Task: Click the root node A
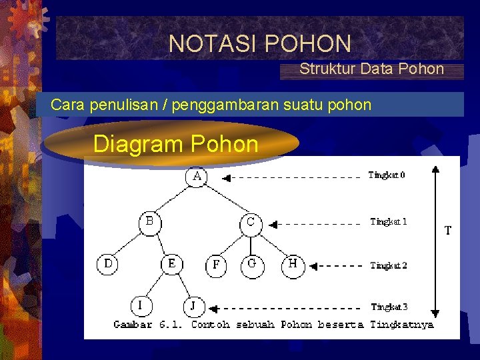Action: tap(197, 178)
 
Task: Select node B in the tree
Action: tap(149, 223)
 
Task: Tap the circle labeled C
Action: tap(251, 223)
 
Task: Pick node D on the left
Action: tap(108, 265)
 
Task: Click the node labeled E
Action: tap(172, 265)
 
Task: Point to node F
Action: tap(216, 265)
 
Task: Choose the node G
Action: tap(252, 265)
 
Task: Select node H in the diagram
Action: tap(293, 265)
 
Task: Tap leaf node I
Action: tap(140, 305)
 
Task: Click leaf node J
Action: tap(193, 306)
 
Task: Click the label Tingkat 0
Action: tap(387, 175)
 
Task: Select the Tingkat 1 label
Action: tap(388, 222)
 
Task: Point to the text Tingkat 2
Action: tap(389, 265)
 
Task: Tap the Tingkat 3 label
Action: tap(389, 307)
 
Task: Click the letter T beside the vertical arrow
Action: tap(448, 231)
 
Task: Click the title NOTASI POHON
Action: tap(260, 44)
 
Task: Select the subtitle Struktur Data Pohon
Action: tap(371, 69)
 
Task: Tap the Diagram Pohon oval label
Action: tap(175, 144)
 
